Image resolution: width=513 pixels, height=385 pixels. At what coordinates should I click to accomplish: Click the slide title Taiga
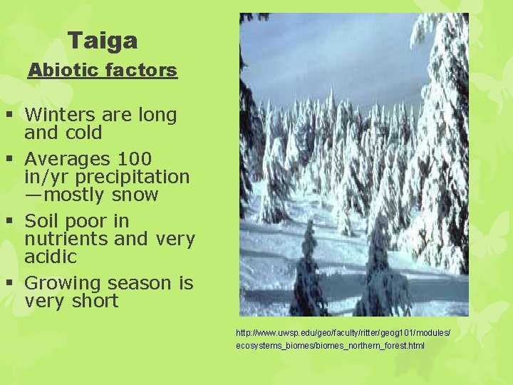tap(103, 41)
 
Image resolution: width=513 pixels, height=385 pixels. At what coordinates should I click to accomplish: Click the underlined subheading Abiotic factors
tap(102, 71)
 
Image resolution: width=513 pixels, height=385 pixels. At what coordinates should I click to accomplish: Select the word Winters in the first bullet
tap(60, 115)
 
